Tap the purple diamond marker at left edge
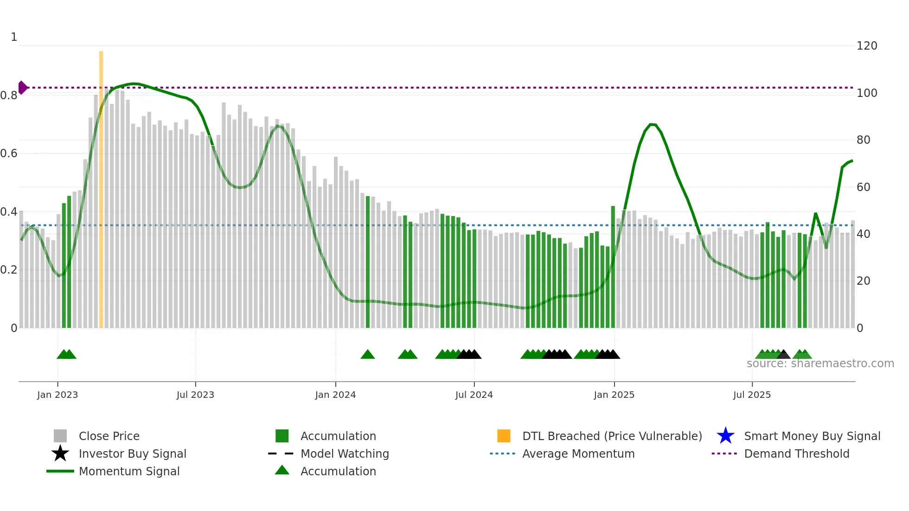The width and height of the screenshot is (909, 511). tap(22, 88)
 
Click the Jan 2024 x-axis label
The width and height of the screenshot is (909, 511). tap(335, 395)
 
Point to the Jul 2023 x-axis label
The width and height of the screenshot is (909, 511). tap(195, 395)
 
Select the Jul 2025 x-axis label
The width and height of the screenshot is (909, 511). tap(752, 395)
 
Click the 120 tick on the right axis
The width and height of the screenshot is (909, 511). tap(867, 46)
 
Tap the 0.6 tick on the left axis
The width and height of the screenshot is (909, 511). tap(9, 153)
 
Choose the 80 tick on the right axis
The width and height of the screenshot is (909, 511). tap(863, 140)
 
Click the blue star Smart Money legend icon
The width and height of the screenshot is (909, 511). tap(725, 436)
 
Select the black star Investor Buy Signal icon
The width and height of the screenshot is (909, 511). tap(60, 454)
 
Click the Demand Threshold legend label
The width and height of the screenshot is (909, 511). tap(796, 454)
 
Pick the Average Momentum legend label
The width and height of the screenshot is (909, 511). tap(578, 454)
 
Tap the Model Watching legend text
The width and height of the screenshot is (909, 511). tap(345, 454)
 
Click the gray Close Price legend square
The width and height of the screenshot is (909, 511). tap(60, 436)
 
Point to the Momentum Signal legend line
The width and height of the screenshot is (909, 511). tap(60, 471)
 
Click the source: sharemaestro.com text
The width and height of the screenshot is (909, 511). tap(820, 364)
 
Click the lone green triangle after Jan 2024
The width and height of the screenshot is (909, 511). tap(368, 355)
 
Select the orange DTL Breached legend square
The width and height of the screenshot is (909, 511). tap(504, 436)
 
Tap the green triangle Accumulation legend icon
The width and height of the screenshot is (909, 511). tap(282, 470)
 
